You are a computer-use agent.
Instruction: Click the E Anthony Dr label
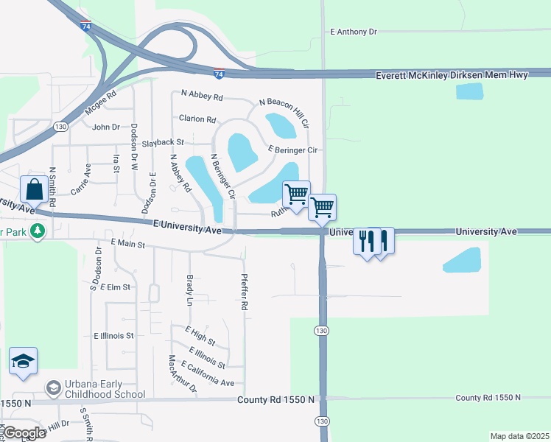tap(354, 32)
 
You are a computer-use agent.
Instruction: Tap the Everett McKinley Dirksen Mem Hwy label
tap(462, 75)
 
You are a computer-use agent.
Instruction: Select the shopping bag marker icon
tap(35, 189)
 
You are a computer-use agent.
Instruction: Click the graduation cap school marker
tap(23, 361)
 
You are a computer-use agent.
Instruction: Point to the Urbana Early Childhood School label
tap(105, 390)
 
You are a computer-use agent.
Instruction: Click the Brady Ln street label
tap(190, 291)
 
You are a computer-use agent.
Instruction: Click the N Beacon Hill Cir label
tap(284, 113)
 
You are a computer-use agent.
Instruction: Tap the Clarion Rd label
tap(197, 119)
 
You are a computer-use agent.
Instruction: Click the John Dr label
tap(106, 127)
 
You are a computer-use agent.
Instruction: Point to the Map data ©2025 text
tap(519, 436)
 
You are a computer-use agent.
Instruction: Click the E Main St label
tap(128, 242)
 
